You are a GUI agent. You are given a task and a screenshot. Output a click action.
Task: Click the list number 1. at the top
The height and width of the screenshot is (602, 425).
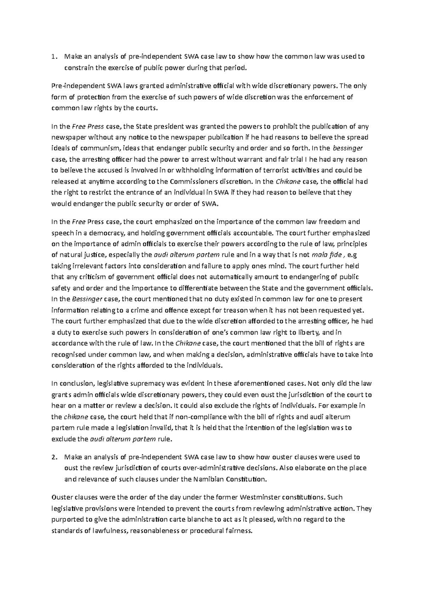[x=53, y=56]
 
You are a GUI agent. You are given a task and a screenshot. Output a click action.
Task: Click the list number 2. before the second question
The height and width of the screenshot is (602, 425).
[x=53, y=457]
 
